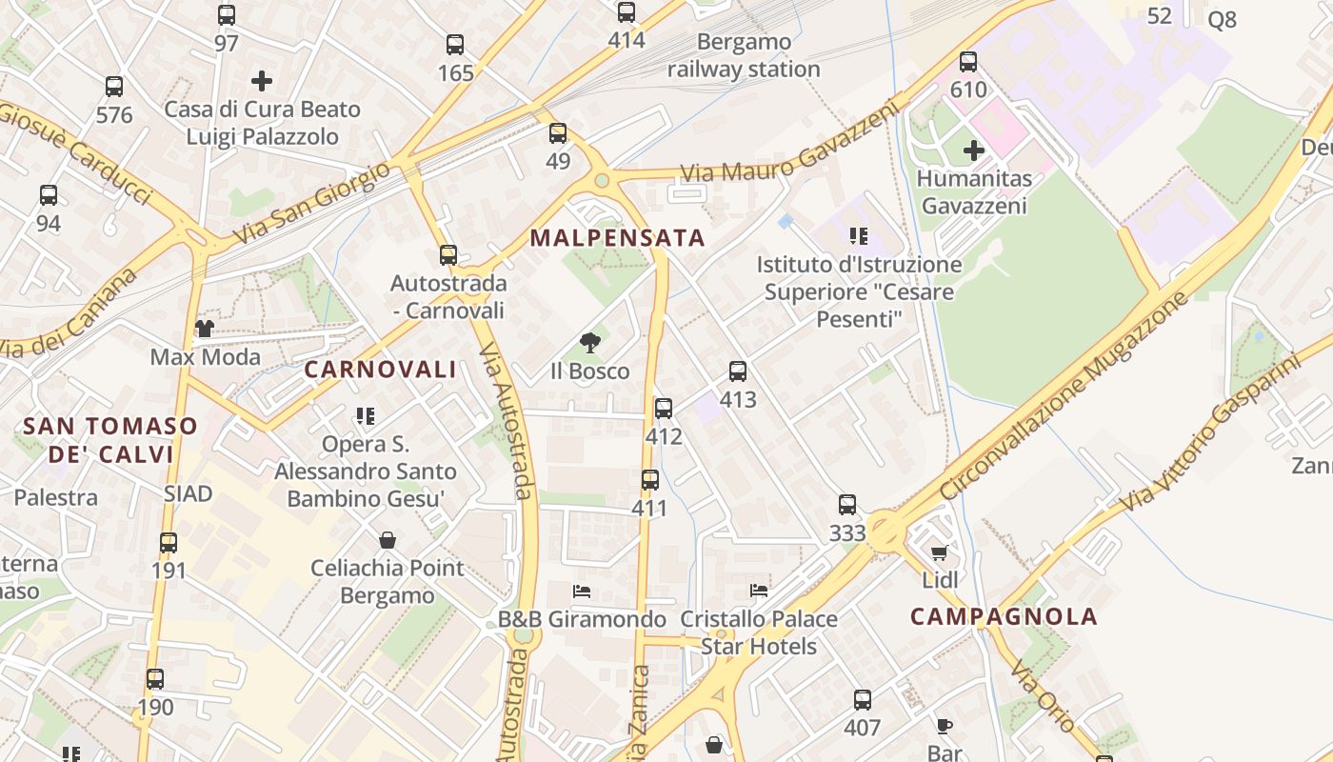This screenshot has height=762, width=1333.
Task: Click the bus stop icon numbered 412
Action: pos(664,409)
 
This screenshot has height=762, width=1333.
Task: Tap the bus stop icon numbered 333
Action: pos(847,505)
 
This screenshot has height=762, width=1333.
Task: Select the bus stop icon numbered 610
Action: pos(968,62)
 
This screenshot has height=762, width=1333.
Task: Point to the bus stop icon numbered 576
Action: pos(114,87)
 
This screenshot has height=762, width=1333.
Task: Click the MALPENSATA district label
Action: pos(618,238)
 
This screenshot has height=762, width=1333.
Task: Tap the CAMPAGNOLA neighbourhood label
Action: pos(1004,616)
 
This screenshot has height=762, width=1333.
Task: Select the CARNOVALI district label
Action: pos(381,371)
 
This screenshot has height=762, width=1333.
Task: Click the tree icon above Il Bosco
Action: pos(590,343)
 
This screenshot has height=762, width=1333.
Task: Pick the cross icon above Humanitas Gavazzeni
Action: pos(974,150)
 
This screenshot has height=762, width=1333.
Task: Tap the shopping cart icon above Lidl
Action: pos(940,552)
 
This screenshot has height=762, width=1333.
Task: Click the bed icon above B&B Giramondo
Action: pos(582,592)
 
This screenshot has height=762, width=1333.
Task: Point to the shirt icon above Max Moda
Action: pos(205,330)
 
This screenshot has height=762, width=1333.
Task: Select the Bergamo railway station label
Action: pos(744,55)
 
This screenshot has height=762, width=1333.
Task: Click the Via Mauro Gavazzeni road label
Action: pos(790,145)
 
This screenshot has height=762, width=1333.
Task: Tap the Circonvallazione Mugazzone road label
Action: pos(1064,396)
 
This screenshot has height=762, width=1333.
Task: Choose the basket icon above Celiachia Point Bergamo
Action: pos(388,540)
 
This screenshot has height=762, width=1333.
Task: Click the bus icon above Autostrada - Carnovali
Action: pos(448,255)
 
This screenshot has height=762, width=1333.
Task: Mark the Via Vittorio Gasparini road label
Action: pos(1210,433)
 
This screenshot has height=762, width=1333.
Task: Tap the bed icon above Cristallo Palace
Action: pos(759,591)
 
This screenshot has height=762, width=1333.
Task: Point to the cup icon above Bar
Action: pos(944,726)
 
